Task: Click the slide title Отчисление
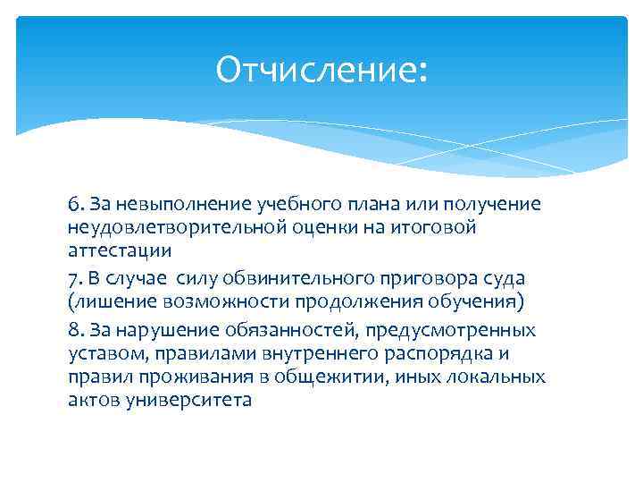pos(321,71)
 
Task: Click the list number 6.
pos(73,205)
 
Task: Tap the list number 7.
pos(73,278)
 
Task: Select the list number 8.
pos(73,330)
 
